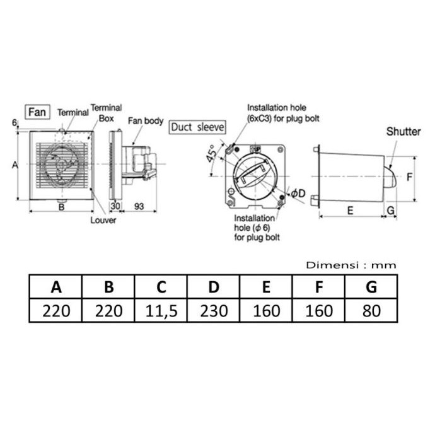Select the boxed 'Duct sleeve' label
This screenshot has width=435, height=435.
(197, 127)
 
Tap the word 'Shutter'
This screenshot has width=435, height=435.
(403, 132)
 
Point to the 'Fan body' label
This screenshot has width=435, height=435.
(146, 120)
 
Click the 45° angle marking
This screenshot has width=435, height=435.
(211, 155)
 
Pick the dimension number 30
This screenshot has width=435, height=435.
(115, 207)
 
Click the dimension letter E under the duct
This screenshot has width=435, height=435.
(350, 211)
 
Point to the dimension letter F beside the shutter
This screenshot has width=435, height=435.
(409, 178)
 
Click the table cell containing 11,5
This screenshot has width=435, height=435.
(161, 311)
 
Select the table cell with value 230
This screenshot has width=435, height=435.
(214, 311)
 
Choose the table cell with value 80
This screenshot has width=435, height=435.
(371, 311)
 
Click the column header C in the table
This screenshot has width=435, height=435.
(161, 287)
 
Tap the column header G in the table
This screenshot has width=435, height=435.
(371, 287)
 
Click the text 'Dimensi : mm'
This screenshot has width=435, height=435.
(351, 265)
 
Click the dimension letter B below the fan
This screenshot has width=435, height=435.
(62, 207)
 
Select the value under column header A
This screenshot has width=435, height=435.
(56, 311)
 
